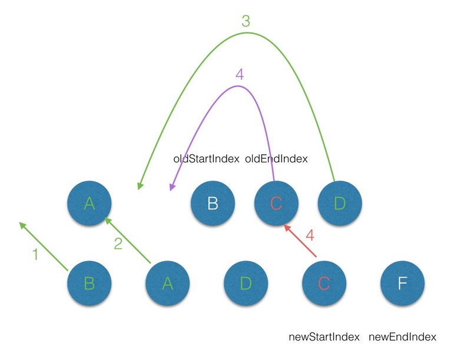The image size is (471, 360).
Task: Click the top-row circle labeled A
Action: (89, 204)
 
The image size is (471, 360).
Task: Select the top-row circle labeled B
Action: (213, 204)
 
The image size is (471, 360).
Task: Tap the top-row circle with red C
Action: (276, 204)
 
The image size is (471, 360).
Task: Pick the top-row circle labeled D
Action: (340, 204)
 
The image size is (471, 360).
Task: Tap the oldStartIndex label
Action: (206, 159)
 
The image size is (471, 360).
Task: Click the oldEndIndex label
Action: (276, 159)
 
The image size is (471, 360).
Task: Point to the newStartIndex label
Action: (324, 337)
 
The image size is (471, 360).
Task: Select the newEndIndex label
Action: (402, 337)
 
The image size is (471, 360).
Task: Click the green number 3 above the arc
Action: (246, 21)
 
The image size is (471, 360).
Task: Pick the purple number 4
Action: (238, 74)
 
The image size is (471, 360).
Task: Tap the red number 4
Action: (310, 236)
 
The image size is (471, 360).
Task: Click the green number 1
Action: (35, 255)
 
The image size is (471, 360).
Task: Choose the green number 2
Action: (118, 243)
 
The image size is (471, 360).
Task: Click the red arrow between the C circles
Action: (300, 241)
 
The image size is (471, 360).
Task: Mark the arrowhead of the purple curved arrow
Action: (172, 186)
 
